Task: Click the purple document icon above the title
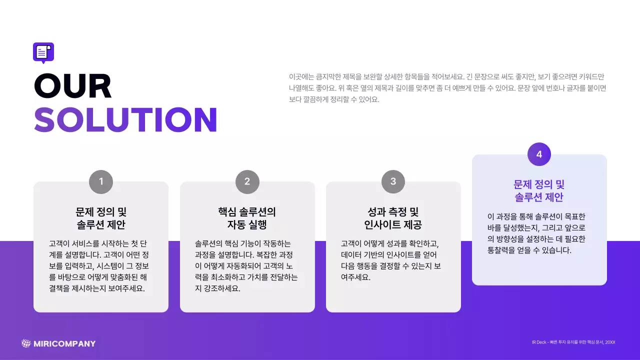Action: pos(43,52)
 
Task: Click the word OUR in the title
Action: pos(73,86)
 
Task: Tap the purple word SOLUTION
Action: pos(125,120)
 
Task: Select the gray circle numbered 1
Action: pos(101,181)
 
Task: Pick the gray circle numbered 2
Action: pos(247,181)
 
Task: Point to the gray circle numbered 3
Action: pos(393,181)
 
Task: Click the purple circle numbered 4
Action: pos(539,154)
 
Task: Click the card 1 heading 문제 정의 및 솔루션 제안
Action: pos(101,218)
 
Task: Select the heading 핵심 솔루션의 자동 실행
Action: pos(247,218)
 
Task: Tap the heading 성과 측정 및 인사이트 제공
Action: pos(393,218)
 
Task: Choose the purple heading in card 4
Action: pos(539,191)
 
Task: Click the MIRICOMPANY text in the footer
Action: pos(64,343)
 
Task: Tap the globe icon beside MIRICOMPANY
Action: pos(26,343)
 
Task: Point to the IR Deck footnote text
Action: pos(573,342)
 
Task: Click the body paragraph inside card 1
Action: pos(99,266)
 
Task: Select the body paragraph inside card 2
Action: pos(246,266)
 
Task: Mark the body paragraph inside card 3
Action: pos(390,260)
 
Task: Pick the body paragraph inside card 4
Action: pos(537,233)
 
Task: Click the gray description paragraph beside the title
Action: pos(447,88)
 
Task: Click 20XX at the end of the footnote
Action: pos(609,342)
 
